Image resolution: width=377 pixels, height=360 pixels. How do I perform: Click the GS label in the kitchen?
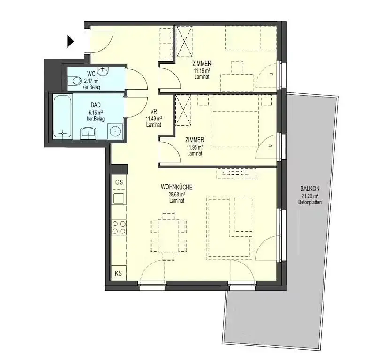pyautogui.click(x=119, y=182)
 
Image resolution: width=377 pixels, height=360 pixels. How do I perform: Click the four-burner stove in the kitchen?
pyautogui.click(x=119, y=227)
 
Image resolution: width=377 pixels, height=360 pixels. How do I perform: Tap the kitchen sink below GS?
pyautogui.click(x=119, y=198)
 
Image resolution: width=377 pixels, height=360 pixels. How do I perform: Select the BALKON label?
pyautogui.click(x=309, y=189)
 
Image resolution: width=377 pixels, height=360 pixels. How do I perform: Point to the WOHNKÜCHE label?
pyautogui.click(x=177, y=187)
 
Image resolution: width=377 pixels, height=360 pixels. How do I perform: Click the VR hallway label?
pyautogui.click(x=153, y=112)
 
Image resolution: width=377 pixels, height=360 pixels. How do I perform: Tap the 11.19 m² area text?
pyautogui.click(x=201, y=70)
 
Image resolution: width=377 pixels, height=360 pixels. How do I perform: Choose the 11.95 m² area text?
pyautogui.click(x=194, y=147)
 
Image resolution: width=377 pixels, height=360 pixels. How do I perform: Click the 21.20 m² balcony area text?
pyautogui.click(x=309, y=196)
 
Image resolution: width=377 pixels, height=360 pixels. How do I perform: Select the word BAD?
pyautogui.click(x=96, y=106)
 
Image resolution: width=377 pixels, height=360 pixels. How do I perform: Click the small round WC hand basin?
pyautogui.click(x=104, y=71)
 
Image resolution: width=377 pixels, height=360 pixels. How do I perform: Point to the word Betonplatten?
pyautogui.click(x=309, y=202)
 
